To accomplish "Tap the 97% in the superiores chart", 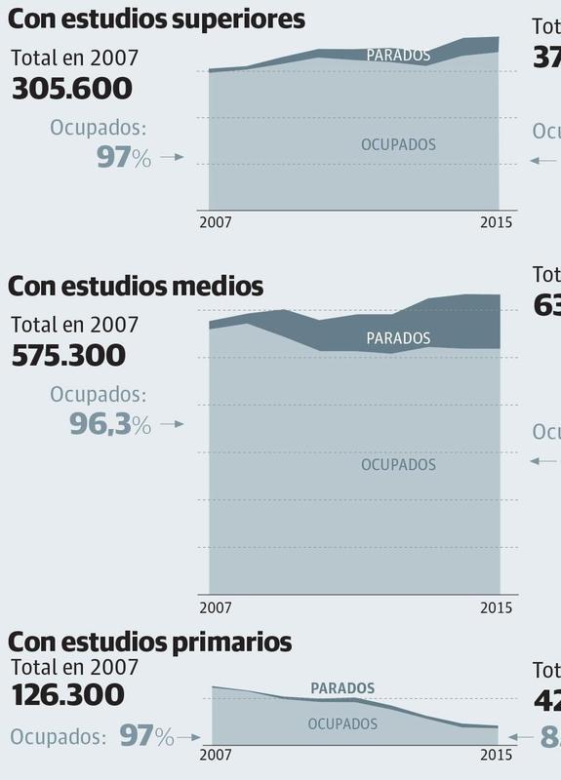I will click(x=124, y=157).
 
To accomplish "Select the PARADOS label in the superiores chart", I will click(x=398, y=56).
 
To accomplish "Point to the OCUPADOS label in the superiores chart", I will click(x=398, y=144).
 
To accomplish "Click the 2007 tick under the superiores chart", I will click(x=216, y=221).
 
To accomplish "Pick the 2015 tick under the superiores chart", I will click(x=496, y=221).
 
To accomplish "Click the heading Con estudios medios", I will click(x=136, y=287).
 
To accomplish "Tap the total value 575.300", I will click(x=68, y=355).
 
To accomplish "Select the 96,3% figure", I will click(x=110, y=424).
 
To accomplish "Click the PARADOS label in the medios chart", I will click(x=398, y=338).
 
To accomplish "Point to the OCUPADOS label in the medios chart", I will click(x=398, y=465).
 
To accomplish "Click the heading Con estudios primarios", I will click(x=149, y=643).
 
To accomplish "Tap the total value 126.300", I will click(x=68, y=695).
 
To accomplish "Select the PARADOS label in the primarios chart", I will click(x=342, y=688).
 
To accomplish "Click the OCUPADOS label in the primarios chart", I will click(x=342, y=724).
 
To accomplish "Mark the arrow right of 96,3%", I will click(x=172, y=424).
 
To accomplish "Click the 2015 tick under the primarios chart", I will click(x=496, y=755).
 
